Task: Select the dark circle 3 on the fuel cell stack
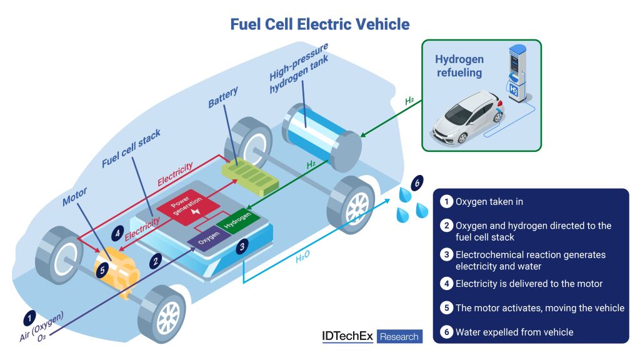tap(242, 246)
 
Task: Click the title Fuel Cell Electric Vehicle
tap(319, 24)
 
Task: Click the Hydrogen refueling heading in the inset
tap(459, 66)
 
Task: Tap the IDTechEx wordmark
tap(347, 336)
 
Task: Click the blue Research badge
tap(399, 336)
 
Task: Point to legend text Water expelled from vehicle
tap(514, 332)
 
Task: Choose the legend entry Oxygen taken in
tap(489, 201)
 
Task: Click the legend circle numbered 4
tap(446, 284)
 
